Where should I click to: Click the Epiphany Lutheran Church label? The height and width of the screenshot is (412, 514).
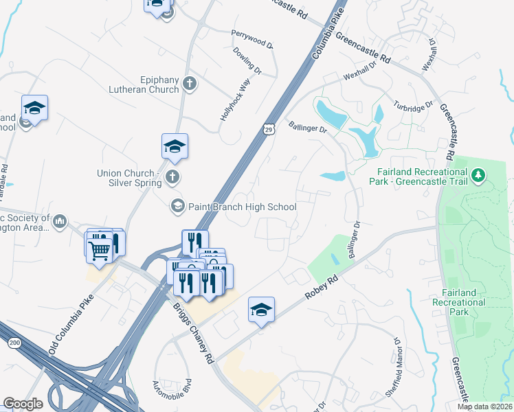(144, 84)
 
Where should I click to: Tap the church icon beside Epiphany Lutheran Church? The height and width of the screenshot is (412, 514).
(190, 84)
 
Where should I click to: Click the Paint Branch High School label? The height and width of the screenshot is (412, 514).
(243, 207)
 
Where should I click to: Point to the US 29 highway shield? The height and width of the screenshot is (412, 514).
(268, 128)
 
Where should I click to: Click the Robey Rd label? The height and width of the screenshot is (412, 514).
(322, 285)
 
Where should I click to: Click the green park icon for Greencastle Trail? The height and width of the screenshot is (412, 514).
(478, 178)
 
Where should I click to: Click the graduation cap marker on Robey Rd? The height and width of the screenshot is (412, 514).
(261, 310)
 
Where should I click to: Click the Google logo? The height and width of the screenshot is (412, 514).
(23, 404)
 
